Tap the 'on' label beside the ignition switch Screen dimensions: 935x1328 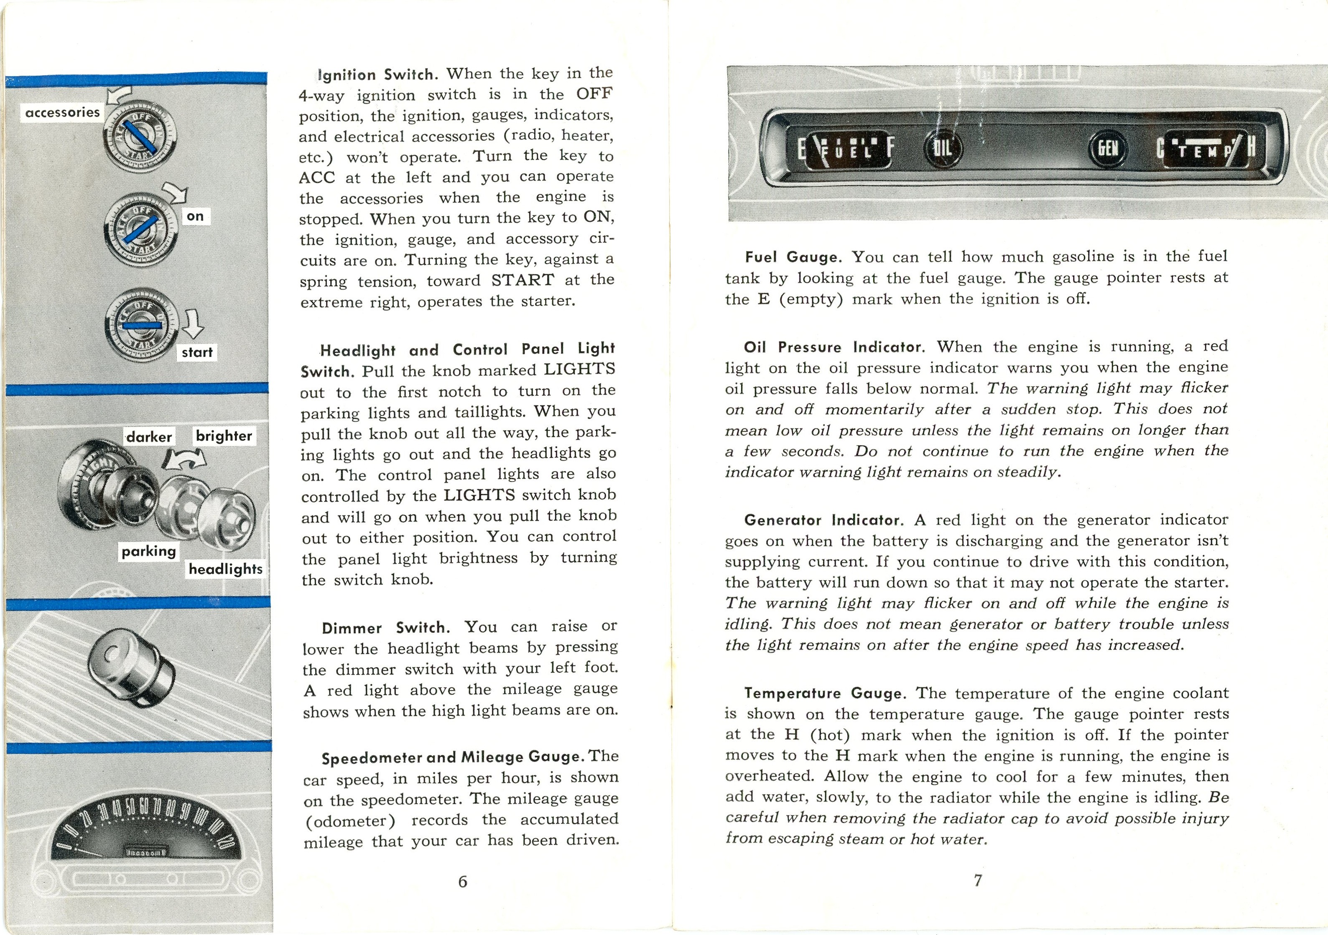coord(196,216)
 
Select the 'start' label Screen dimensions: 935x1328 coord(197,352)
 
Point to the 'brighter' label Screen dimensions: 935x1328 coord(224,436)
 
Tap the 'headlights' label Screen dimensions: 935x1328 coord(226,569)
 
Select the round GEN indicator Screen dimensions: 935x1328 coord(1108,149)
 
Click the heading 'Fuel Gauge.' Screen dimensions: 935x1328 coord(792,257)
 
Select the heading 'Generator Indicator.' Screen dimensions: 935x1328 coord(823,520)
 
